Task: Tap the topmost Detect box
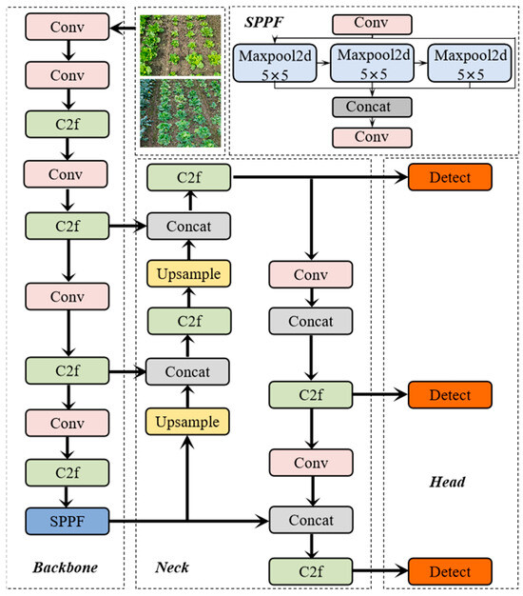tap(451, 176)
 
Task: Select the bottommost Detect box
tap(451, 571)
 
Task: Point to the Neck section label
tap(172, 567)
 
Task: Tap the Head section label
tap(446, 482)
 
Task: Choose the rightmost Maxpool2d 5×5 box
tap(466, 64)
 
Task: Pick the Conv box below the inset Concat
tap(371, 137)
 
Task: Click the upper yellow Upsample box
tap(188, 274)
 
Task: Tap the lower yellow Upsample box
tap(188, 421)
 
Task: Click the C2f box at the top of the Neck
tap(188, 176)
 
